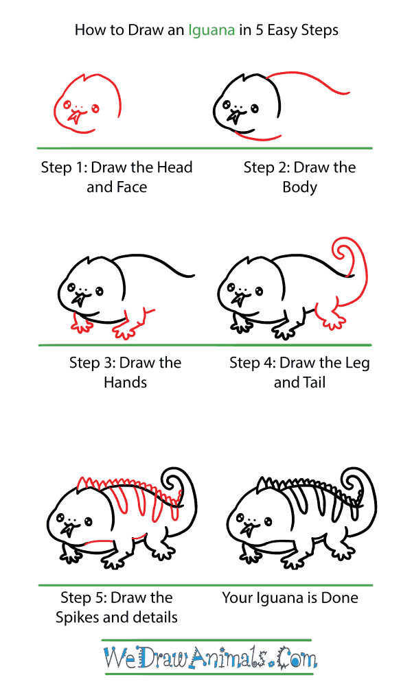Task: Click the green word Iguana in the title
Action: click(211, 31)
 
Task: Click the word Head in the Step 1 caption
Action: click(174, 167)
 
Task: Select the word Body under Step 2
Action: click(299, 187)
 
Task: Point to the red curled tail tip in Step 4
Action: click(343, 250)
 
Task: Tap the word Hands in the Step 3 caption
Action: click(125, 382)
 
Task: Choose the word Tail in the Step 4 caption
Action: click(314, 382)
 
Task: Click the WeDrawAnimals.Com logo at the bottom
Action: click(209, 658)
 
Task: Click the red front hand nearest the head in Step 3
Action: click(81, 323)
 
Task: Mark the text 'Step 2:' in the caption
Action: click(266, 167)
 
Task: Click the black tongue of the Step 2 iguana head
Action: click(236, 117)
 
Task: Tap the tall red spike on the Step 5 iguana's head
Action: click(82, 483)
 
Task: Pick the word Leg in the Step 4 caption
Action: click(357, 364)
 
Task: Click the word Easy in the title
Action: click(282, 31)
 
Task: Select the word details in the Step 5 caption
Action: click(154, 617)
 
